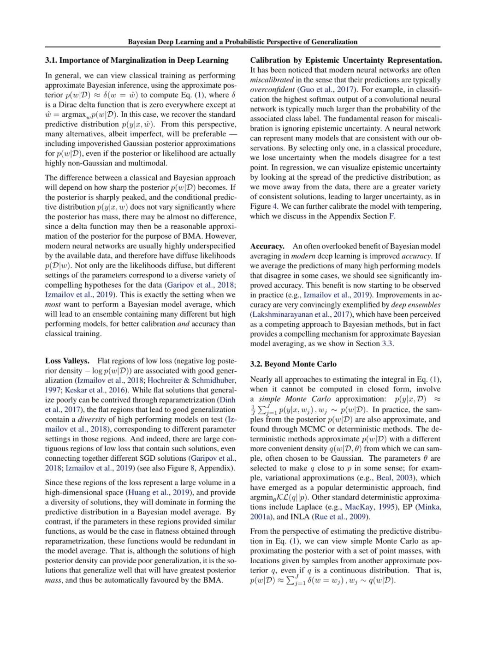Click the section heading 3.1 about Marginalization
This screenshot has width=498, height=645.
(x=136, y=60)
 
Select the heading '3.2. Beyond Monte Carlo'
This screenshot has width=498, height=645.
(x=293, y=364)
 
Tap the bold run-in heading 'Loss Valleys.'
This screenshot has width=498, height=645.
(x=67, y=361)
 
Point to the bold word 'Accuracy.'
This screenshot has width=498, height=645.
(x=267, y=246)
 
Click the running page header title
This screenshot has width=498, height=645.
(x=243, y=42)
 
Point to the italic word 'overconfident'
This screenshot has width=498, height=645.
(x=273, y=89)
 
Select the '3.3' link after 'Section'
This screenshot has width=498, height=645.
(x=387, y=344)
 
